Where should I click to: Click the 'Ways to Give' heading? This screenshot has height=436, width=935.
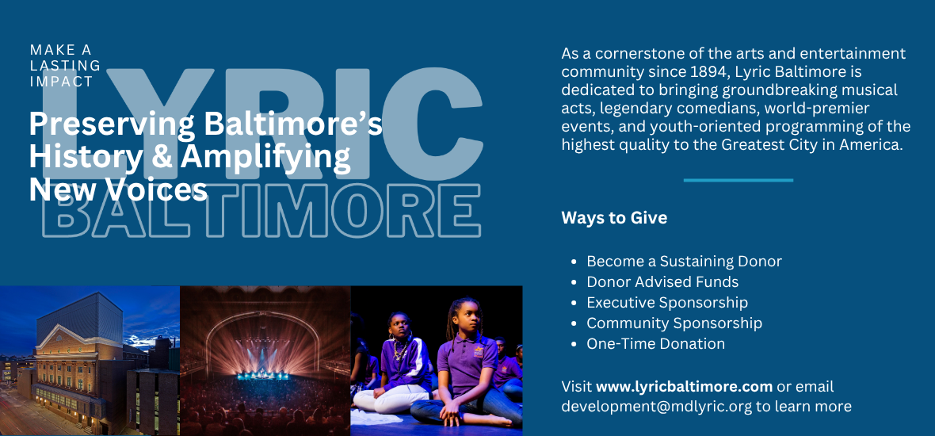coord(614,218)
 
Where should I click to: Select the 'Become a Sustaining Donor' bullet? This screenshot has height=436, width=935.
coord(684,261)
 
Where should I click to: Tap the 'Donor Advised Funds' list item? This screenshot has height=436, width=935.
coord(662,281)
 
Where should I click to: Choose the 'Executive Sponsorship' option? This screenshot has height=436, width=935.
coord(667,302)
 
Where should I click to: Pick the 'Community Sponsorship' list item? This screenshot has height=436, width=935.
coord(674,323)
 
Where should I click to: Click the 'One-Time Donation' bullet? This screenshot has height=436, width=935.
coord(655,343)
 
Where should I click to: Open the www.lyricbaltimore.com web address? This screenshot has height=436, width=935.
coord(684,387)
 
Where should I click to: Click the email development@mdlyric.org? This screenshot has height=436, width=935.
coord(657,407)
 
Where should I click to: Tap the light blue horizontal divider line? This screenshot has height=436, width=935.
coord(738,180)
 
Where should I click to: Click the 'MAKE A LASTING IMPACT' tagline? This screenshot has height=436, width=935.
coord(66,65)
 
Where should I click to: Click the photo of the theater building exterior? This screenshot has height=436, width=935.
coord(90,361)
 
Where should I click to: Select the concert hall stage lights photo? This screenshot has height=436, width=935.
coord(265,361)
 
